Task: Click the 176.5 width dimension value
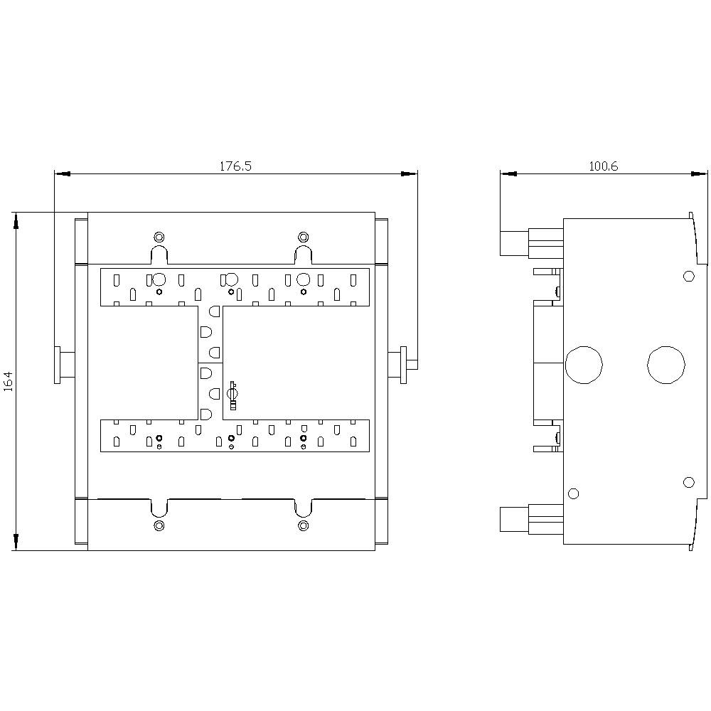pyautogui.click(x=235, y=166)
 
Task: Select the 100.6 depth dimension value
pyautogui.click(x=604, y=166)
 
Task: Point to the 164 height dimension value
pyautogui.click(x=9, y=381)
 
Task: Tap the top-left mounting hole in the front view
pyautogui.click(x=159, y=237)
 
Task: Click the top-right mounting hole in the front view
pyautogui.click(x=304, y=237)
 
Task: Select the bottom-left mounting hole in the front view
pyautogui.click(x=159, y=525)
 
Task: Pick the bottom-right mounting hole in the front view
pyautogui.click(x=304, y=525)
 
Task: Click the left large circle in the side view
pyautogui.click(x=584, y=365)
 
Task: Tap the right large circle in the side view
pyautogui.click(x=666, y=365)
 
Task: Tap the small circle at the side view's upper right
pyautogui.click(x=688, y=276)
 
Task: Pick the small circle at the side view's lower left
pyautogui.click(x=574, y=493)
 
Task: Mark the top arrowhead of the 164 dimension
pyautogui.click(x=16, y=220)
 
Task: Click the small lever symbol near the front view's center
pyautogui.click(x=232, y=395)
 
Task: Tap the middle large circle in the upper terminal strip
pyautogui.click(x=230, y=279)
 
